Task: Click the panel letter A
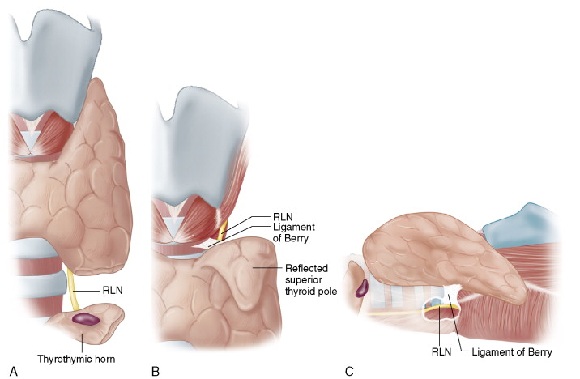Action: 13,371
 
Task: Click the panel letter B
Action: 155,371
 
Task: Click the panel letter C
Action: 349,371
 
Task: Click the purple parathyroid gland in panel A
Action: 85,319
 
